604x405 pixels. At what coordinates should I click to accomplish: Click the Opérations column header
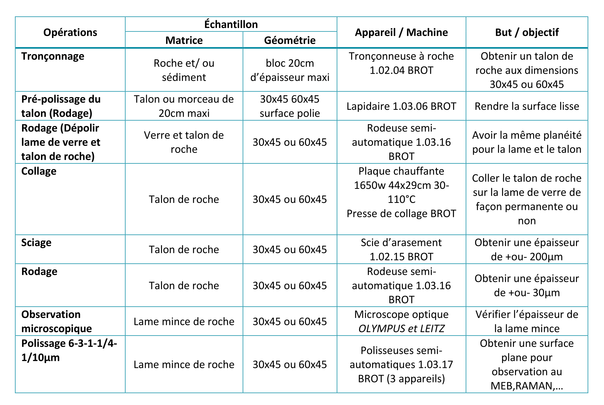coord(70,32)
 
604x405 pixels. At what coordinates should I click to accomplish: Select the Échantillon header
coord(231,24)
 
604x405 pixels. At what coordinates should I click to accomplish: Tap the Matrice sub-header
coord(184,40)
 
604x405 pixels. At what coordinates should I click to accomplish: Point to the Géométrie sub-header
coord(290,40)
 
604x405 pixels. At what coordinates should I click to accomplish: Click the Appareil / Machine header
coord(401,32)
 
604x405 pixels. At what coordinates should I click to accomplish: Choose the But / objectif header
coord(527,32)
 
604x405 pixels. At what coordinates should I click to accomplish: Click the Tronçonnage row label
coord(53,56)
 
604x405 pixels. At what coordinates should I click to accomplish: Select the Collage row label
coord(39,171)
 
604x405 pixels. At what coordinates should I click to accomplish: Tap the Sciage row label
coord(36,243)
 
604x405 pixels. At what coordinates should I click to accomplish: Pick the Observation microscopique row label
coord(56,321)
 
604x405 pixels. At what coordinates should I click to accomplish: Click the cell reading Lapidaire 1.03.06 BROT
coord(401,106)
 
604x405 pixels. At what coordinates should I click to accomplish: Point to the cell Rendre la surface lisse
coord(527,106)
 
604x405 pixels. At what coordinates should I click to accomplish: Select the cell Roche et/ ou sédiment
coord(184,70)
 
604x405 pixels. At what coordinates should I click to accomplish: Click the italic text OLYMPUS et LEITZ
coord(401,329)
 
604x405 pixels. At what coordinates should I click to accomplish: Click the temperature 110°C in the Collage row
coord(401,199)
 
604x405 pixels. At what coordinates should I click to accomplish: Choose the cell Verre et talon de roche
coord(184,142)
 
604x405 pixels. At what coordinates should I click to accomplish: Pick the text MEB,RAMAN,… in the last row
coord(527,386)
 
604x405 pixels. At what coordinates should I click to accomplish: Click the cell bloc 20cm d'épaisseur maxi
coord(290,70)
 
